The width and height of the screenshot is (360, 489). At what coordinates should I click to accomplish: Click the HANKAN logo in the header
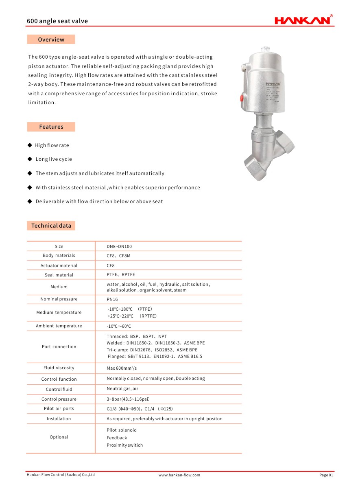(303, 20)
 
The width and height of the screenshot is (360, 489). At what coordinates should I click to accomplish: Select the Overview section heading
(51, 39)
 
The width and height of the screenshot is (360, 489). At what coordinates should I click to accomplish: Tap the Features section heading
(51, 127)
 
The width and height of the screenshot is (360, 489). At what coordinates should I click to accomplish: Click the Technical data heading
(51, 226)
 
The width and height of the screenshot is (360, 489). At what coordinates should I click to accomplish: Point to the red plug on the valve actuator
(242, 98)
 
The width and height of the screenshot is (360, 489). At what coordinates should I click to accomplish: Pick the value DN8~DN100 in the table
(119, 246)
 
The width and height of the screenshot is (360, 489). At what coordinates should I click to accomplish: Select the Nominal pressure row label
(59, 299)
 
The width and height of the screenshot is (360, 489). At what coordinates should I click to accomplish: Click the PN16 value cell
(112, 299)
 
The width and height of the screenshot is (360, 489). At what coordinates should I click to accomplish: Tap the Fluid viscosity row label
(59, 368)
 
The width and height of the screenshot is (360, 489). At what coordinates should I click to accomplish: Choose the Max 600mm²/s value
(122, 368)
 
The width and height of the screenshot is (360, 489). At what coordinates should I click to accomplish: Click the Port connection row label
(59, 347)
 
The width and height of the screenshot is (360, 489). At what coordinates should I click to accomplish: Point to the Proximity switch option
(124, 445)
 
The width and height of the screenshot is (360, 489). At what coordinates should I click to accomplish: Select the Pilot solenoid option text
(122, 430)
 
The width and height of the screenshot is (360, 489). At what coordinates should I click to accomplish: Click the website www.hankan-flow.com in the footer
(179, 475)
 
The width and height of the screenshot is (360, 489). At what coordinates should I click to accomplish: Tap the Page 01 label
(326, 475)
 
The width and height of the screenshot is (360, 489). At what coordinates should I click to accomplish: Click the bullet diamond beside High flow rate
(30, 145)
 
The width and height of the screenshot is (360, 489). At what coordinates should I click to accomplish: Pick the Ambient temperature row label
(59, 326)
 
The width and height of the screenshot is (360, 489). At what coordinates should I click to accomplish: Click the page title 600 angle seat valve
(57, 21)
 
